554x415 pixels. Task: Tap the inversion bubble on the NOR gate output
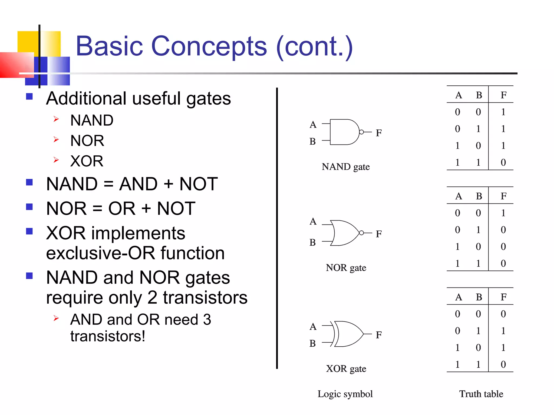click(x=361, y=233)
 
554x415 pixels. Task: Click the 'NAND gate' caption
click(x=345, y=167)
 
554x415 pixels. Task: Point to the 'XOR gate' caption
click(x=346, y=369)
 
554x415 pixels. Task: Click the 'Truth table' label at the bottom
click(x=481, y=394)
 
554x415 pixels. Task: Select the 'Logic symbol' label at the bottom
click(x=345, y=394)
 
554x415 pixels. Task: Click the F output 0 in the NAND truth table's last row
click(x=503, y=162)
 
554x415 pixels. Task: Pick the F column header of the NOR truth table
click(x=503, y=196)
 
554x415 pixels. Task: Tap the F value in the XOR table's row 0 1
click(x=503, y=331)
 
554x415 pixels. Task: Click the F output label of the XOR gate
click(x=379, y=335)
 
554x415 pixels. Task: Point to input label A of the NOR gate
click(x=313, y=222)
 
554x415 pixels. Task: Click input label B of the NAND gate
click(x=313, y=141)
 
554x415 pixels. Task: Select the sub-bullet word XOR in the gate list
click(x=87, y=161)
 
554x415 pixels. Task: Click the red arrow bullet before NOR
click(x=56, y=139)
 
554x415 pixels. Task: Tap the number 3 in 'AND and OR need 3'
click(x=207, y=320)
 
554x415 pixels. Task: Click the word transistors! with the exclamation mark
click(x=108, y=336)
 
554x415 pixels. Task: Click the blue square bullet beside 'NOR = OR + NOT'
click(x=29, y=207)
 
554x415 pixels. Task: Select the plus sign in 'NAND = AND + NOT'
click(x=168, y=184)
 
